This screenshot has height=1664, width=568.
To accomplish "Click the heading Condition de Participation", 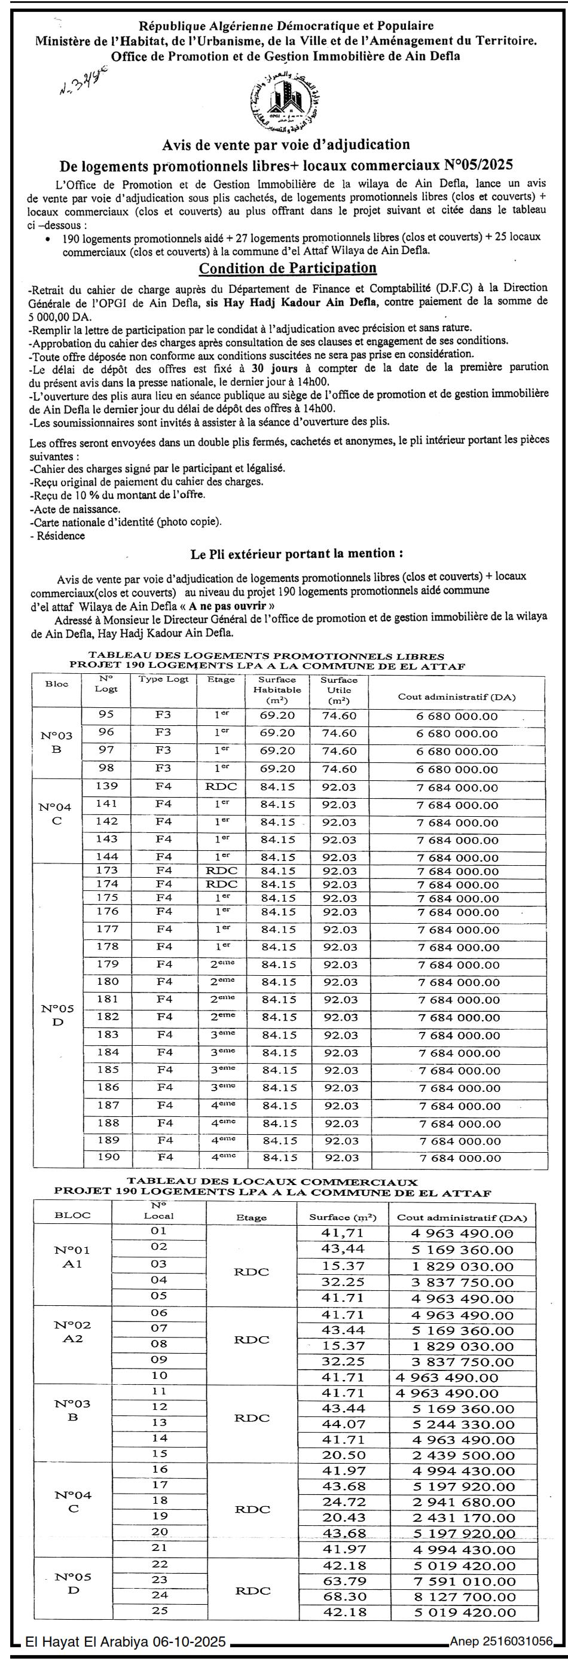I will click(288, 268).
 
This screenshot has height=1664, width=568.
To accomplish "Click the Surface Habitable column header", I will click(277, 689).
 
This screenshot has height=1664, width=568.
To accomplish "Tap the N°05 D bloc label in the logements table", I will click(57, 1015).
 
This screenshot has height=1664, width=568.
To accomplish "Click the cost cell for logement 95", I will click(457, 716).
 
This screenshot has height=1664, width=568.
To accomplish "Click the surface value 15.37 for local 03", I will click(343, 1267).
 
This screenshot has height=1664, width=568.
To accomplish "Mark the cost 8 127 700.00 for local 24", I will click(462, 1596).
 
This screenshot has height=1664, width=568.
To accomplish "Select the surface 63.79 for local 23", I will click(343, 1581).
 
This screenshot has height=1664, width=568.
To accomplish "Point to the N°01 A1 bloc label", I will click(72, 1256).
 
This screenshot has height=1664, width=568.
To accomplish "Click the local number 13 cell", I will click(159, 1422).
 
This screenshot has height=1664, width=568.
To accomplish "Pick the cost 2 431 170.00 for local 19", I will click(462, 1518).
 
